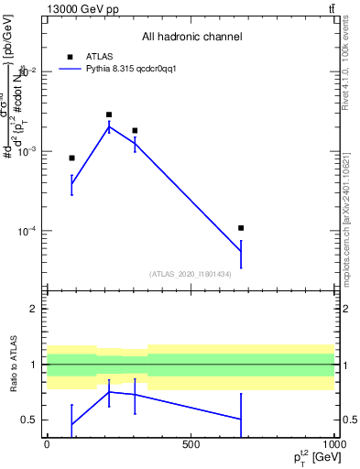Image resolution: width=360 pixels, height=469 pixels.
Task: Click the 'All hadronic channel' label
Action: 191,37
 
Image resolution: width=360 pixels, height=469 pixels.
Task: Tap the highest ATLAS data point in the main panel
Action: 109,115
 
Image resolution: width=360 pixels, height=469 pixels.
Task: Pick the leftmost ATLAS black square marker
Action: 71,158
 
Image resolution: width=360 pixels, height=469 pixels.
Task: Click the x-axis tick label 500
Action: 191,445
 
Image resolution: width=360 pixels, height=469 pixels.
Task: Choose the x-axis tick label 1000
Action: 333,445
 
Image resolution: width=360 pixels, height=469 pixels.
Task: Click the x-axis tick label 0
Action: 47,445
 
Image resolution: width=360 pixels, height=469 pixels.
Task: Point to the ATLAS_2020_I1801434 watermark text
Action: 190,274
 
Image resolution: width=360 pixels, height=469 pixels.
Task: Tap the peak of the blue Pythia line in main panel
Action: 109,126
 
